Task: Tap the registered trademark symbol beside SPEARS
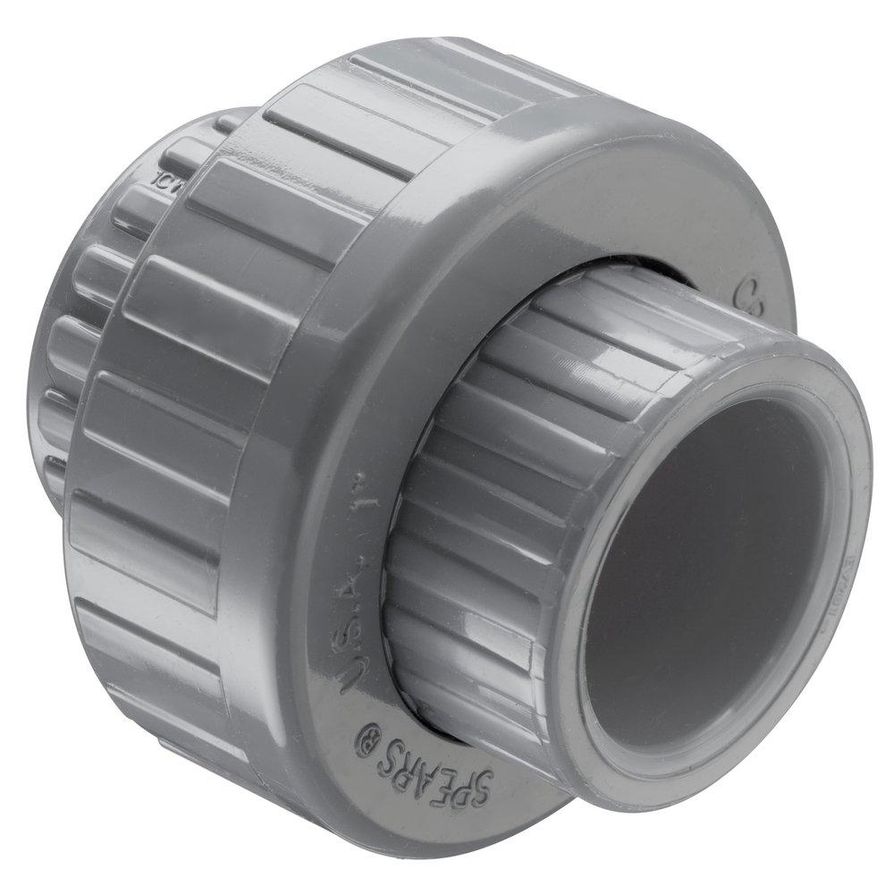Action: pyautogui.click(x=367, y=741)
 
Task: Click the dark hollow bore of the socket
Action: pyautogui.click(x=706, y=572)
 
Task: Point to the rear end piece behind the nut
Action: pyautogui.click(x=72, y=358)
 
